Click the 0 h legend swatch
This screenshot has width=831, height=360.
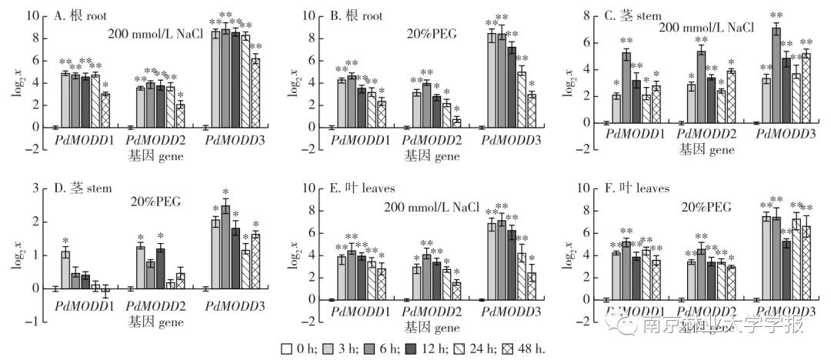coord(286,348)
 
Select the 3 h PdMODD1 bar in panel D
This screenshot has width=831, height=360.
coord(65,269)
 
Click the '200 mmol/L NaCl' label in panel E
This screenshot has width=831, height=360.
coord(432,208)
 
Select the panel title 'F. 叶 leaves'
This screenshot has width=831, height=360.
coord(638,188)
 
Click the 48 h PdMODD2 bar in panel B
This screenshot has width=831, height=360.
coord(457,124)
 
